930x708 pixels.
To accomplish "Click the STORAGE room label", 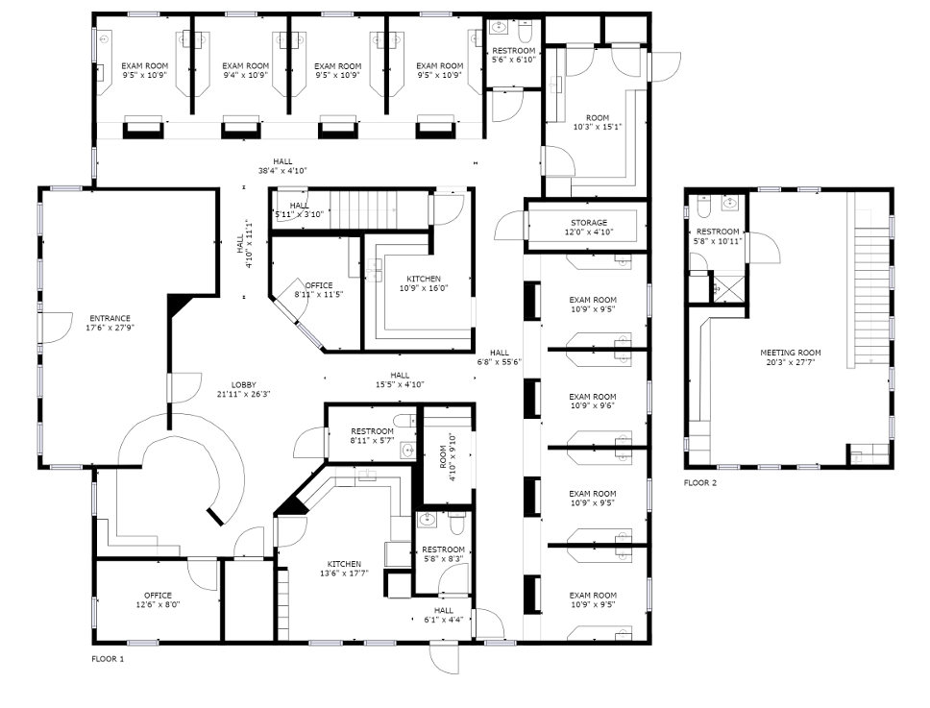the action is point(589,223).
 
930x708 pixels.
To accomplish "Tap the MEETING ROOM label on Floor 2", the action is point(791,353).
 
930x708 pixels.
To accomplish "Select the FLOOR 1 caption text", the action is point(108,659).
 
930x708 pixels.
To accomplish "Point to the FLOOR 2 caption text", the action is point(700,482).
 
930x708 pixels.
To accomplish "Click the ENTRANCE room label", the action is point(110,318).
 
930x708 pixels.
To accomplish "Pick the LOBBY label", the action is point(244,385).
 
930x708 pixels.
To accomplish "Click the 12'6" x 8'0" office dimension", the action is point(158,605).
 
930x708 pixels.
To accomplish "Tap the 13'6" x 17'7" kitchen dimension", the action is point(344,574).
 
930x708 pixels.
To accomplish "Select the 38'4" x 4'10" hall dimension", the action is point(282,171).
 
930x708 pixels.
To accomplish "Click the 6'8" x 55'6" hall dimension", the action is point(500,362).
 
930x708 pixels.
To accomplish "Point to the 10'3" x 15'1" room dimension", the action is point(598,127).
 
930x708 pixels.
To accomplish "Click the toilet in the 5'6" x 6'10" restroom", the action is point(526,29).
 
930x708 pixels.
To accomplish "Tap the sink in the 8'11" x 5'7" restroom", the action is point(408,451).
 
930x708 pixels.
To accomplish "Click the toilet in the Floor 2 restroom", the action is point(704,206).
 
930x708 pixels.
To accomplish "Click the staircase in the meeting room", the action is point(871,279).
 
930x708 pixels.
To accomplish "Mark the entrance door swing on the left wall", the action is point(54,328).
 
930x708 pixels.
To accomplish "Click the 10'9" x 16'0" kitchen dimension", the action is point(424,288).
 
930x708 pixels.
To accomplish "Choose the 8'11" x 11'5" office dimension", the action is point(319,294).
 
